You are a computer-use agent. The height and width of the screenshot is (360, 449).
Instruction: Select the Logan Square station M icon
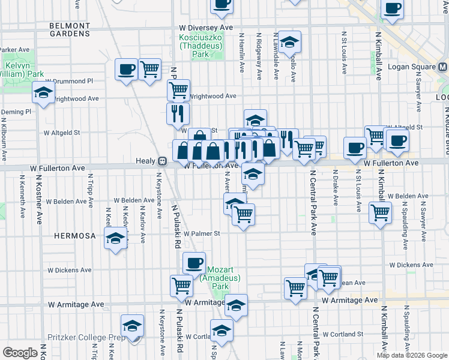pos(443,67)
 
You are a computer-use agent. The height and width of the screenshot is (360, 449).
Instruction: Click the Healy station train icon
pos(162,161)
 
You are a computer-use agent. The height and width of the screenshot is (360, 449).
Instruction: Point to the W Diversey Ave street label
pos(205,28)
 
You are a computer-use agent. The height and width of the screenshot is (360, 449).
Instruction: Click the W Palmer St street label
pos(203,233)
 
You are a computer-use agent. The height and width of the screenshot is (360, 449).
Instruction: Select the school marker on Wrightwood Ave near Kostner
pos(43,93)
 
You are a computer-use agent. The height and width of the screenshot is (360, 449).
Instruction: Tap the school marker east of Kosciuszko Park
pos(289,41)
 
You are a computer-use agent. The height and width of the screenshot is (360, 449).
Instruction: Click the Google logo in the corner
pos(20,353)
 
